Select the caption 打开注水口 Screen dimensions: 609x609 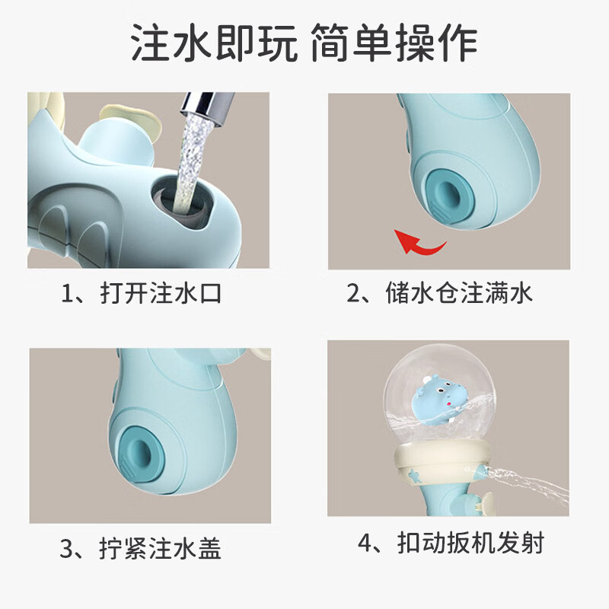click(x=162, y=293)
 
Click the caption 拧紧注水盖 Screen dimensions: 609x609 click(x=162, y=547)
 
